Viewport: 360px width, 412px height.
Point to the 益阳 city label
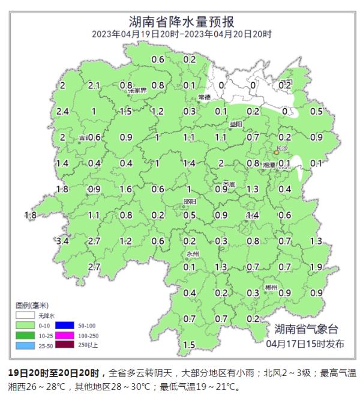pos(236,124)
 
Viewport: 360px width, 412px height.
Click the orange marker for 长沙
pos(276,153)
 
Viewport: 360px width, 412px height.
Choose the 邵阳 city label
pos(190,202)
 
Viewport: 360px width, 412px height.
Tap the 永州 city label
pos(192,254)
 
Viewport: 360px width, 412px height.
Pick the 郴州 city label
pos(271,288)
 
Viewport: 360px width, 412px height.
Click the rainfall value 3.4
pos(62,241)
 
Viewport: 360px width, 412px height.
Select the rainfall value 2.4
pos(62,111)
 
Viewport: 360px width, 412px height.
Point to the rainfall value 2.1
pos(94,86)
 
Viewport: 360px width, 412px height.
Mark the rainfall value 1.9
pos(316,267)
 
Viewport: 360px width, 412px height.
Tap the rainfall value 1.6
pos(125,189)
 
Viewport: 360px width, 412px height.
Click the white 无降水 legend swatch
pos(25,315)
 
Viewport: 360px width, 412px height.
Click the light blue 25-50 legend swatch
pos(25,346)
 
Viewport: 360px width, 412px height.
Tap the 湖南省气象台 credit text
pos(306,329)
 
